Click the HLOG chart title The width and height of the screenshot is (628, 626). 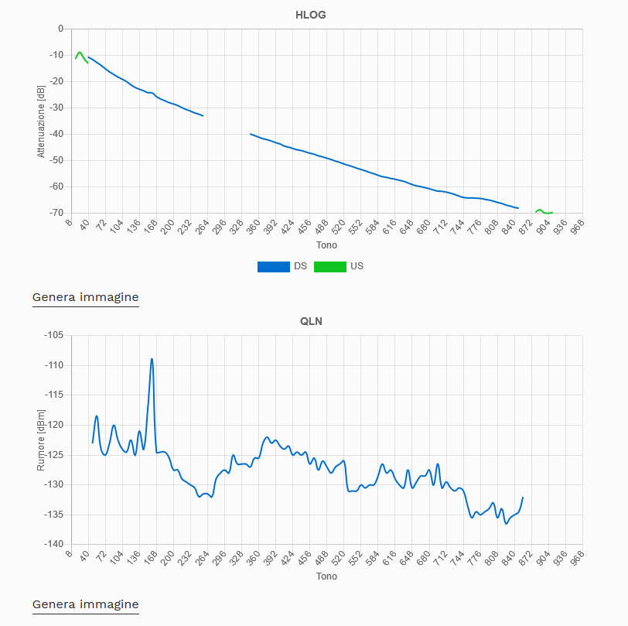point(310,15)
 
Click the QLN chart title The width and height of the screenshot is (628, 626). point(311,321)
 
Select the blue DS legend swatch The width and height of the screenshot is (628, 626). point(274,266)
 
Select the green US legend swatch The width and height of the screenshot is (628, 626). point(330,266)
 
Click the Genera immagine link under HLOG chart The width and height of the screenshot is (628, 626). point(85,297)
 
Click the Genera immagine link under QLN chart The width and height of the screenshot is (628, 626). point(85,604)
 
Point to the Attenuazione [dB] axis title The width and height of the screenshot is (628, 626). point(41,121)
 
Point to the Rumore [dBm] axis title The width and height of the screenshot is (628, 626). point(41,440)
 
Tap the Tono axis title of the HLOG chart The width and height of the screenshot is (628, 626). point(326,245)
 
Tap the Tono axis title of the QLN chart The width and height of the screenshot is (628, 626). point(326,576)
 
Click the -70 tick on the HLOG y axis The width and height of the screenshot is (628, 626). point(55,213)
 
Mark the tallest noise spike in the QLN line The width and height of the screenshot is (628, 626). point(152,360)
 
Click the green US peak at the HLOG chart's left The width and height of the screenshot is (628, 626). point(79,53)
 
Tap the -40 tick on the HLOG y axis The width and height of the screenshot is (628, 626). point(55,134)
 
